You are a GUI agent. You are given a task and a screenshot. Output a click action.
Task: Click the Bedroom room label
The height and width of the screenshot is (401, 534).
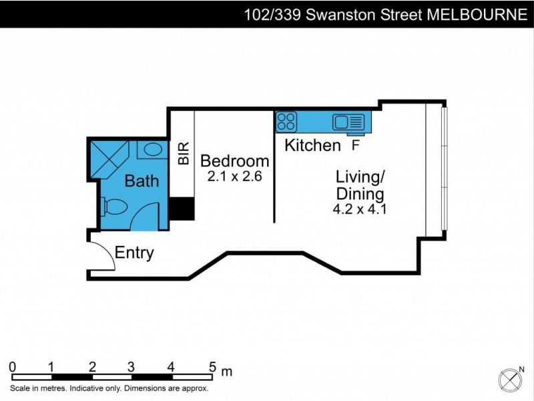point(234,161)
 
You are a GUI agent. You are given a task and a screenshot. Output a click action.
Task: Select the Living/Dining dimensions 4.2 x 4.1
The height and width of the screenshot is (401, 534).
point(360,209)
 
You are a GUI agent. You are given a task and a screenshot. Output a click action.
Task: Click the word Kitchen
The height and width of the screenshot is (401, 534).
point(312,145)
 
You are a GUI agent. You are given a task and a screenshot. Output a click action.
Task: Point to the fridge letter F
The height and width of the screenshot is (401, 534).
point(355,145)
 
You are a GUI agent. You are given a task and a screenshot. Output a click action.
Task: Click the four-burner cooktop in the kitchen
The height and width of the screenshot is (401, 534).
point(287,122)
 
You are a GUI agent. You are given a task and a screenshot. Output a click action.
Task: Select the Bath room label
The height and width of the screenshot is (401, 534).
point(142,180)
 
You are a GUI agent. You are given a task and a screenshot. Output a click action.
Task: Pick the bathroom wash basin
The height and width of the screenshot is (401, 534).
point(154,149)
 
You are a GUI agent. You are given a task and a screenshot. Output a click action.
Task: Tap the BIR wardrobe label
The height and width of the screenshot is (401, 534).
point(183,154)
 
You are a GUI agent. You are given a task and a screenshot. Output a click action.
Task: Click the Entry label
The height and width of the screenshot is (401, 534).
point(134,253)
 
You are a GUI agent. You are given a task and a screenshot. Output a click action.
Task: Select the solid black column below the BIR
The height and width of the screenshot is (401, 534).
point(182,209)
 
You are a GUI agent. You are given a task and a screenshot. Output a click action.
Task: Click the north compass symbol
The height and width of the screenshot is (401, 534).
point(511,379)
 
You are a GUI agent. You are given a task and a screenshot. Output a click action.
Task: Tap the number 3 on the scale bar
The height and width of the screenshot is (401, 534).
point(131,367)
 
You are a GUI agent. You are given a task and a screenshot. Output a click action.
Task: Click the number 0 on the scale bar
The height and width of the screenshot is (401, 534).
point(13,367)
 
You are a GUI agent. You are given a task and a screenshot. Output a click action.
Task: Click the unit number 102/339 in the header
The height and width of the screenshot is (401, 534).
point(270,15)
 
